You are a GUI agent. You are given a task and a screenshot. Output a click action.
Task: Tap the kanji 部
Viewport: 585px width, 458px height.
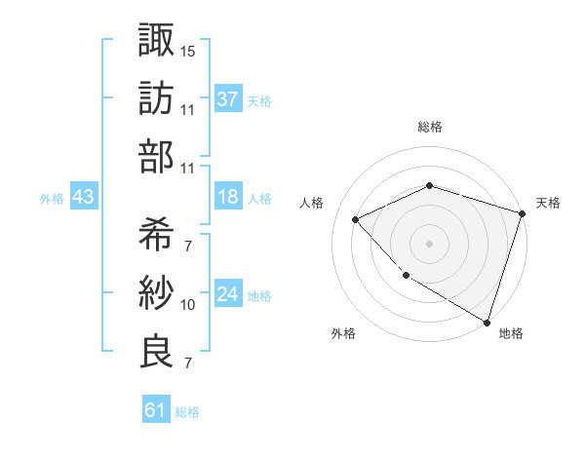click(x=157, y=158)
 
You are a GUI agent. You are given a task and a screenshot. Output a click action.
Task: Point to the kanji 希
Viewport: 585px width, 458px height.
click(x=157, y=233)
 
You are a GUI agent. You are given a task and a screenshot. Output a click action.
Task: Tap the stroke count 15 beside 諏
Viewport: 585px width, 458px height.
click(x=188, y=49)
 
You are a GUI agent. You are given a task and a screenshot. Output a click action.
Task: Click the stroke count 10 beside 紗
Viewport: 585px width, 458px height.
click(x=188, y=305)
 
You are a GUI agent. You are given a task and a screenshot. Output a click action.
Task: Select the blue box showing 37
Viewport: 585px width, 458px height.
click(x=228, y=98)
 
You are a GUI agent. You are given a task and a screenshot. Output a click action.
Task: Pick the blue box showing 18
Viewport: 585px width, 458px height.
click(x=228, y=197)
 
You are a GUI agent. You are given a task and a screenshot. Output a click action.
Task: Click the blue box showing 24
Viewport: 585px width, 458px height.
click(x=228, y=294)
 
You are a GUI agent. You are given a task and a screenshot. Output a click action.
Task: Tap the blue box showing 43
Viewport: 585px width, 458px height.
click(x=84, y=197)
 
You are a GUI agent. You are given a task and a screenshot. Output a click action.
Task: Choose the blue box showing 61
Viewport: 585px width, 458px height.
click(x=155, y=410)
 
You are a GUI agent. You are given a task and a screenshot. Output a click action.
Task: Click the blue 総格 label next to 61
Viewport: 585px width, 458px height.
click(x=188, y=412)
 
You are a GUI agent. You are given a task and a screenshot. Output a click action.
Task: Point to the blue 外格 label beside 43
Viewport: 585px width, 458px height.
click(x=52, y=199)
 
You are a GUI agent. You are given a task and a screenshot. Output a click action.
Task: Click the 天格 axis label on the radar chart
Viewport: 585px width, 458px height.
click(x=549, y=203)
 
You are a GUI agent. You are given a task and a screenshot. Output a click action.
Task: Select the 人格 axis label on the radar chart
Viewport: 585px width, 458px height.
click(x=312, y=203)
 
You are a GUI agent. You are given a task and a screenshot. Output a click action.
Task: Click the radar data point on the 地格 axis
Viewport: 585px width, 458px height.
click(x=486, y=322)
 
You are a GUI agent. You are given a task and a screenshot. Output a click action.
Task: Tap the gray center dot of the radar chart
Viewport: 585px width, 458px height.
click(x=429, y=244)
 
